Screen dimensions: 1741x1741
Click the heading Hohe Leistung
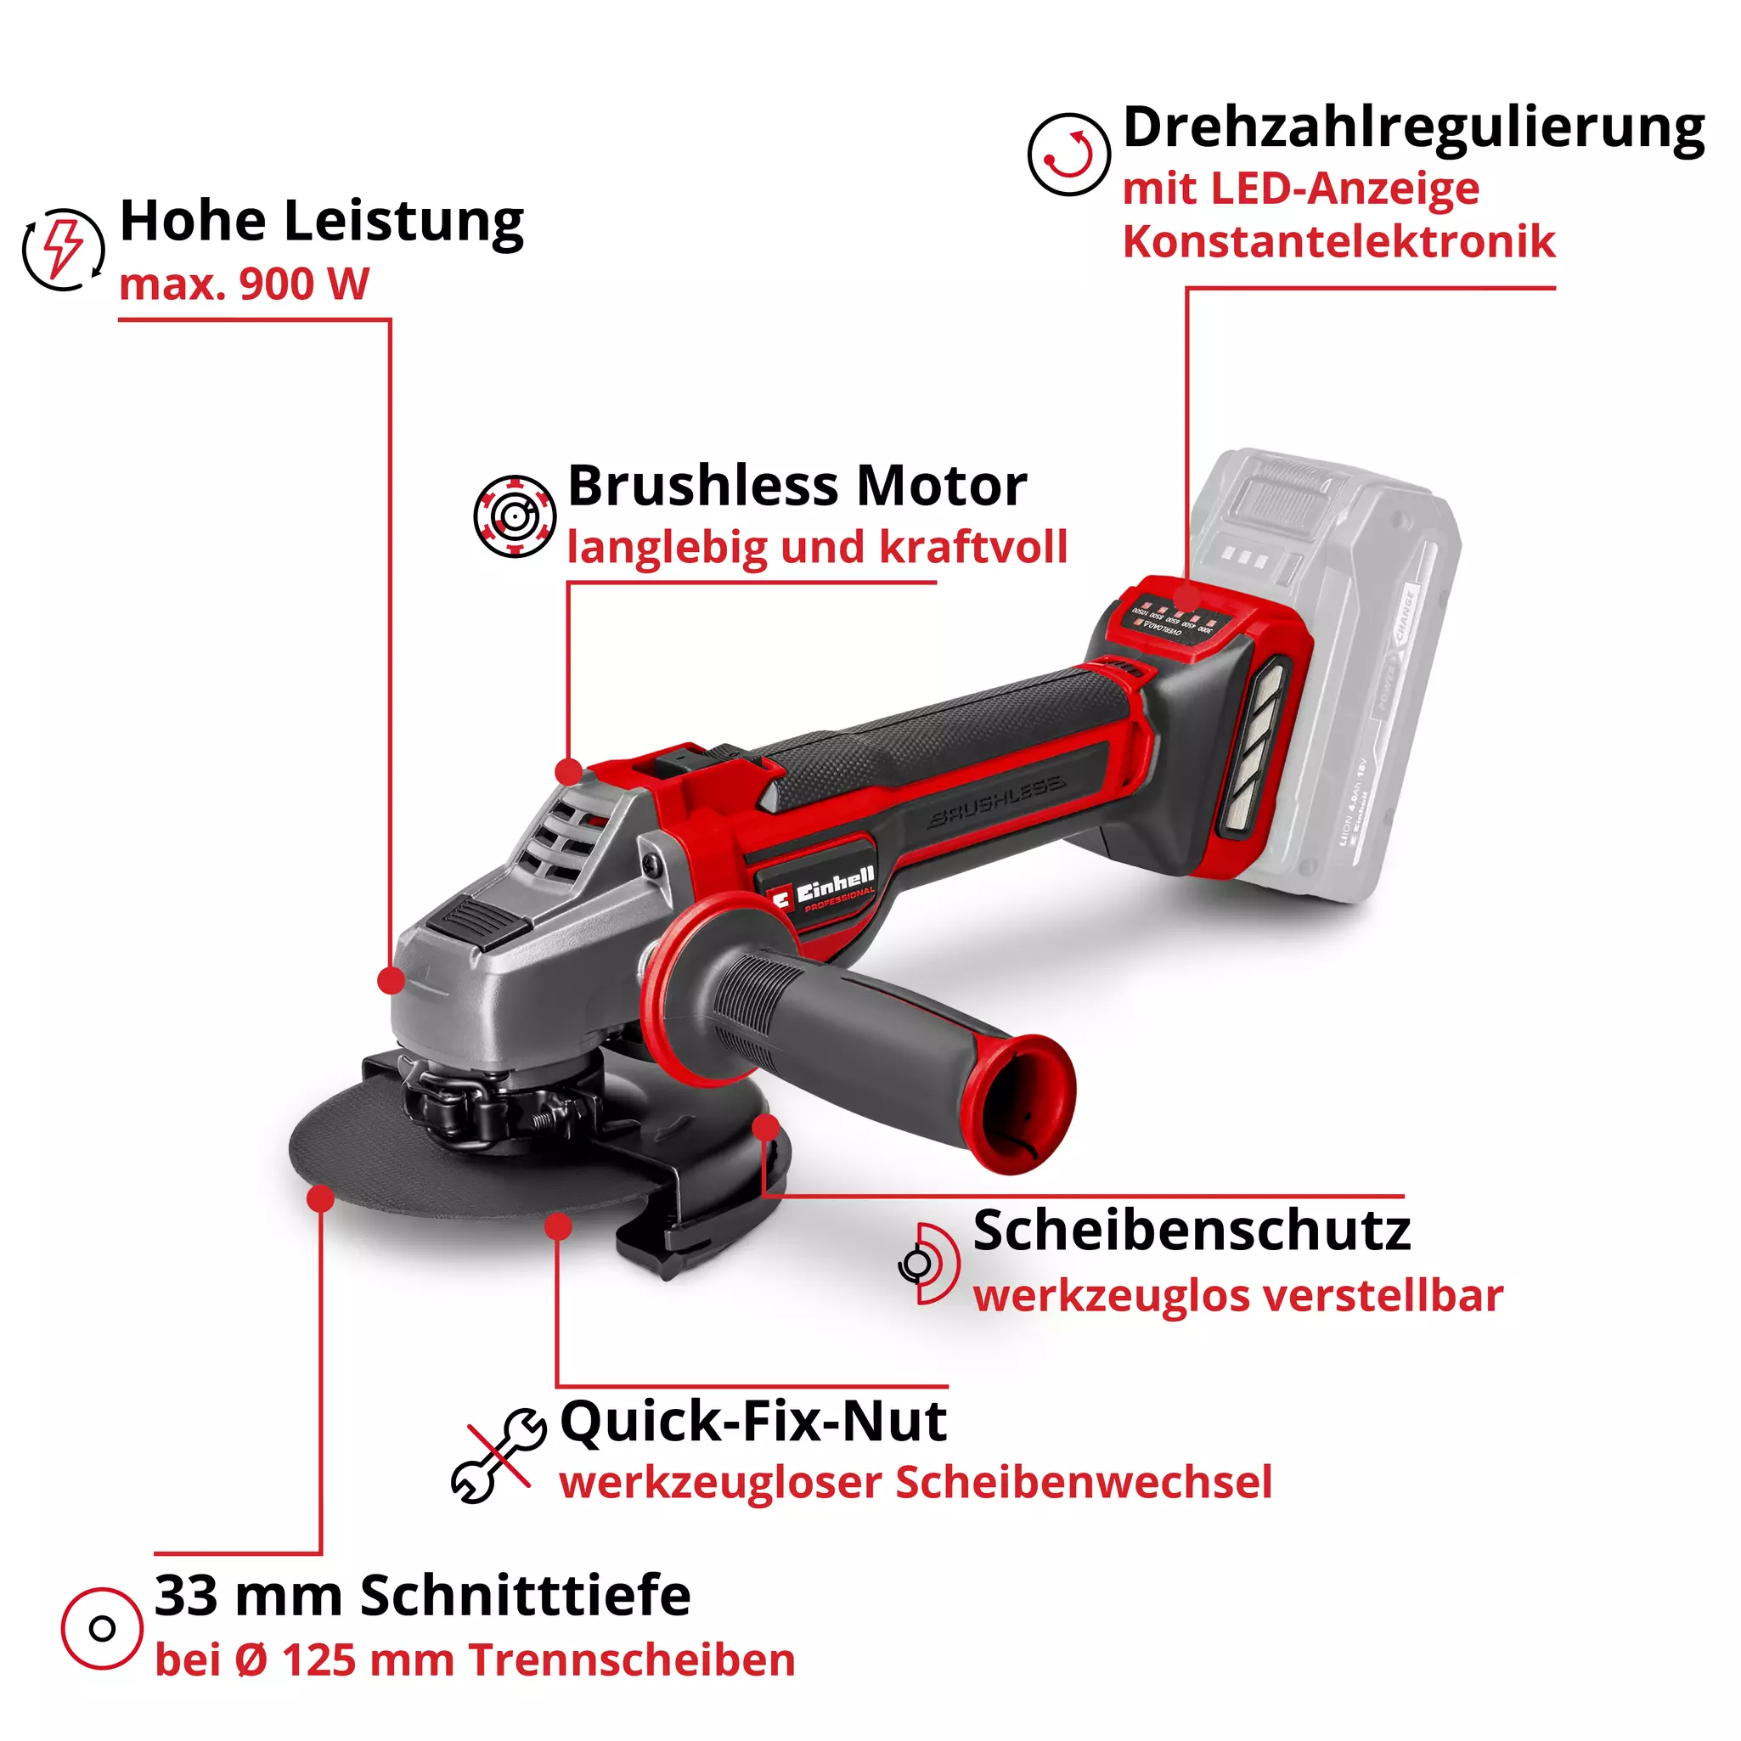click(x=321, y=222)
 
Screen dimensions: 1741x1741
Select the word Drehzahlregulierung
click(x=1413, y=128)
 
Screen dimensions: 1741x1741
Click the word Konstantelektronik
click(x=1338, y=241)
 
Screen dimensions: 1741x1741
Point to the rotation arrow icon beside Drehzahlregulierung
click(x=1068, y=154)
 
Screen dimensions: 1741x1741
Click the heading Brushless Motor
click(x=797, y=486)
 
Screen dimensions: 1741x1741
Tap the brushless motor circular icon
click(x=515, y=516)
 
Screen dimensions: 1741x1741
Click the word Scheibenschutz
click(x=1192, y=1231)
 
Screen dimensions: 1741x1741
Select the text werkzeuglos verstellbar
click(x=1237, y=1296)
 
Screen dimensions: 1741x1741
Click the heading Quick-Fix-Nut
click(x=753, y=1422)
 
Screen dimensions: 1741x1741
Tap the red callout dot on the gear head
click(x=390, y=980)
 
